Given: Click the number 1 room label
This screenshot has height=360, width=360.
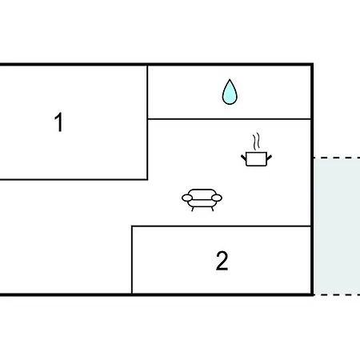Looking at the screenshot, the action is (x=58, y=122).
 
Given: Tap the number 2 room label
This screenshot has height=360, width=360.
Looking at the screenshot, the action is (x=222, y=261).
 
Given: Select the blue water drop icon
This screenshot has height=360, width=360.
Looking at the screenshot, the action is (x=230, y=92).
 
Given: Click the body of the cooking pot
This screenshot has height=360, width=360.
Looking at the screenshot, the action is (x=256, y=159).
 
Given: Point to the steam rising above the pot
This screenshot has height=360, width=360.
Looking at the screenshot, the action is (x=256, y=142).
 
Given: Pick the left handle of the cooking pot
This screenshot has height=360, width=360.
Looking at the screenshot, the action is (x=243, y=157).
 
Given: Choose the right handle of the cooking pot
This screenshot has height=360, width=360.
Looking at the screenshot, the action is (x=269, y=158).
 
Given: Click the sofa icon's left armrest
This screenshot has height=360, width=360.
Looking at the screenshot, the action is (x=187, y=198).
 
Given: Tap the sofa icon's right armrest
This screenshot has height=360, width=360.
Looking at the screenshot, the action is (x=217, y=198).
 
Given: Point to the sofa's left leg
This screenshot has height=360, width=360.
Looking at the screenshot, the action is (x=193, y=209).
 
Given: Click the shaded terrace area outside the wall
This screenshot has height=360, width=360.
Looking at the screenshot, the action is (x=337, y=226).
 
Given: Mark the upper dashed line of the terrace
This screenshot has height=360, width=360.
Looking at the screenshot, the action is (x=337, y=158).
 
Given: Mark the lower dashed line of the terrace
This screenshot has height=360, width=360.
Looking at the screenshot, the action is (x=337, y=295).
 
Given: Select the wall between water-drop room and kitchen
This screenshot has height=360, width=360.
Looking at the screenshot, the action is (x=230, y=119).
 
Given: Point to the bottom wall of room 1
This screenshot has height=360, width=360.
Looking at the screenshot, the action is (x=74, y=179).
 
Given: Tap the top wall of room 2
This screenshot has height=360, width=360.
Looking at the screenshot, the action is (x=222, y=226).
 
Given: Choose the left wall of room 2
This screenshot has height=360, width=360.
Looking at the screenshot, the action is (x=132, y=260).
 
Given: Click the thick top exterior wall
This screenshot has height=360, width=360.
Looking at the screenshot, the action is (x=157, y=64).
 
